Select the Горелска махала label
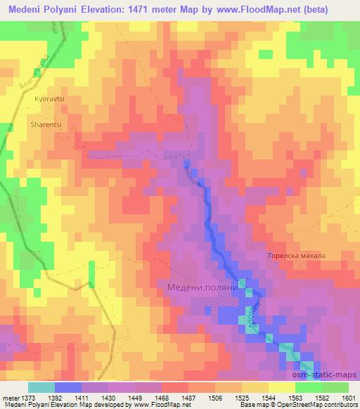(x=297, y=256)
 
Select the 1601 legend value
(x=347, y=397)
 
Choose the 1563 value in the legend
(x=295, y=397)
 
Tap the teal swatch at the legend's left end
(x=41, y=387)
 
